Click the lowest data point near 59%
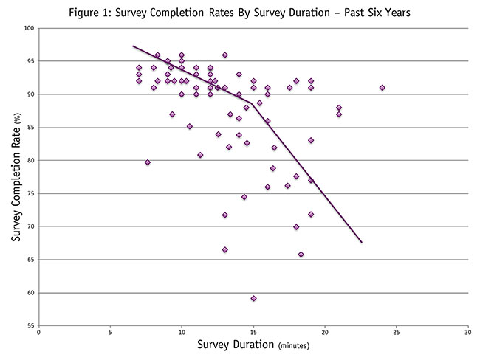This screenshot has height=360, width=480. pyautogui.click(x=253, y=299)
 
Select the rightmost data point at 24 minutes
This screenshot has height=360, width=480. pyautogui.click(x=383, y=88)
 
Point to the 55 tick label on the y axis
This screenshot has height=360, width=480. pyautogui.click(x=29, y=325)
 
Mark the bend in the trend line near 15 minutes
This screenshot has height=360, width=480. pyautogui.click(x=252, y=104)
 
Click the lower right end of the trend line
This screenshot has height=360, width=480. pyautogui.click(x=361, y=241)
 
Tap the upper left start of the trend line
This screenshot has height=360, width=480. pyautogui.click(x=133, y=46)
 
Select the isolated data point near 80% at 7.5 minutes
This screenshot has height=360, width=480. pyautogui.click(x=148, y=162)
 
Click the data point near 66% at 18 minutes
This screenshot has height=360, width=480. pyautogui.click(x=301, y=255)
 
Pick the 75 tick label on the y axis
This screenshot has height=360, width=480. pyautogui.click(x=29, y=193)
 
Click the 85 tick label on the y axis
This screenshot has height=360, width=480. pyautogui.click(x=29, y=128)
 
